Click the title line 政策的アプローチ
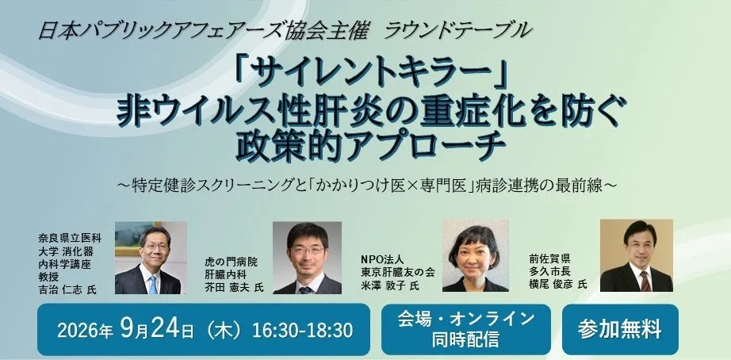tap(371, 146)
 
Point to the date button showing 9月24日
tap(204, 330)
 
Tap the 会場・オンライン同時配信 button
tap(465, 330)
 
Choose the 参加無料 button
tap(620, 330)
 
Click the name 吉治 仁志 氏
tap(67, 289)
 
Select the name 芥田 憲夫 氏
tap(234, 287)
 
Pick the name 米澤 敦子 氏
tap(390, 285)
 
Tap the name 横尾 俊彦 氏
tap(558, 284)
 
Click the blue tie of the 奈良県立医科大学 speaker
tap(152, 285)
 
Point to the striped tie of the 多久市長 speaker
tap(645, 281)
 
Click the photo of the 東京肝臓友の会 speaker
tap(475, 256)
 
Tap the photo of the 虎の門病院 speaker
tap(307, 258)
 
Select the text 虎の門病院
tap(231, 262)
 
